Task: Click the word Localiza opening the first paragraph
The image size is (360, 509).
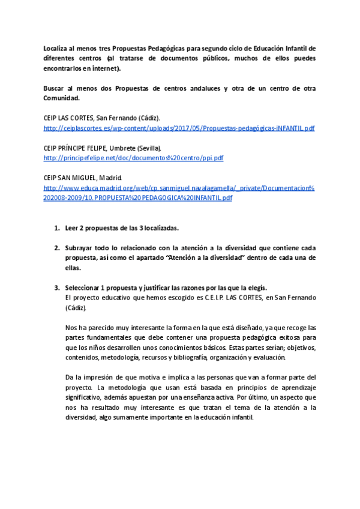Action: pyautogui.click(x=58, y=48)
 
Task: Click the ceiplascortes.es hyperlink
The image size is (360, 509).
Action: pyautogui.click(x=179, y=128)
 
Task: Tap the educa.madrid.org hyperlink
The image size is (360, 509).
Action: pyautogui.click(x=179, y=188)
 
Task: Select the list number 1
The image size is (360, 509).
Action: pyautogui.click(x=56, y=228)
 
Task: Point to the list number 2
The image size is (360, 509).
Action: pyautogui.click(x=56, y=248)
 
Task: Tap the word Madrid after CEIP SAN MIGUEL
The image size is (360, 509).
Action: pyautogui.click(x=110, y=178)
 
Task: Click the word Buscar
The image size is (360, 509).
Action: pyautogui.click(x=55, y=88)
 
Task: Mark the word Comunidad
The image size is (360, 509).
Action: pyautogui.click(x=62, y=98)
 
